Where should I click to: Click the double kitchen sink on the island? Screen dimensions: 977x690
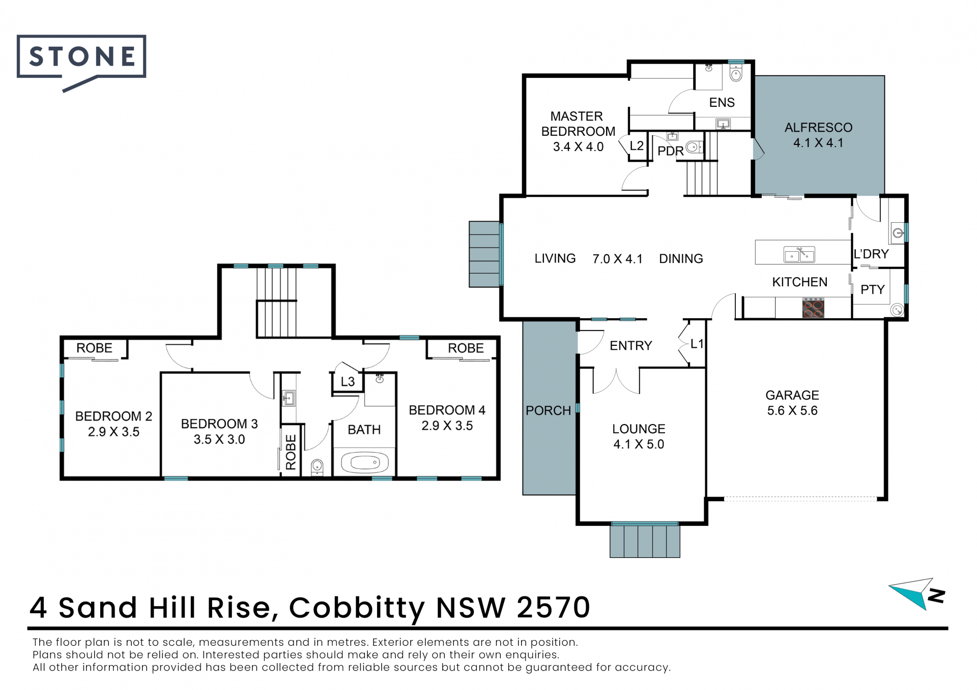click(x=799, y=254)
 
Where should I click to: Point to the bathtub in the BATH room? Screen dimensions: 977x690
click(x=365, y=463)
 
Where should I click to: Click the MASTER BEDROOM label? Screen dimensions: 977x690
click(x=578, y=124)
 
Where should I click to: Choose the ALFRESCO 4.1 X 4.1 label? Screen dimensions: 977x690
click(x=818, y=135)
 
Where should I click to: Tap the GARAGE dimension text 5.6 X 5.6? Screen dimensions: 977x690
click(x=792, y=411)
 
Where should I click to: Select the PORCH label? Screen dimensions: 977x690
click(x=548, y=410)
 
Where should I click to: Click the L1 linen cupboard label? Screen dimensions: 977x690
click(x=697, y=344)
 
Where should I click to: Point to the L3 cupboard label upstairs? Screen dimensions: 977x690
click(x=348, y=382)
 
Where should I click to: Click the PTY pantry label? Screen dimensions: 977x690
click(x=872, y=290)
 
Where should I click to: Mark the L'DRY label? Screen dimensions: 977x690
click(x=871, y=254)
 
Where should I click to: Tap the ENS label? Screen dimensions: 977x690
click(x=722, y=103)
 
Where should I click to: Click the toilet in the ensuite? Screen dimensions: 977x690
click(x=736, y=73)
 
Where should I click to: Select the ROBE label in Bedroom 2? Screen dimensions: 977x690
click(x=94, y=348)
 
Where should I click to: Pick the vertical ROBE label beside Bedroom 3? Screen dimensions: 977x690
click(x=291, y=452)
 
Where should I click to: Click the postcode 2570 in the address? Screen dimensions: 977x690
click(x=553, y=607)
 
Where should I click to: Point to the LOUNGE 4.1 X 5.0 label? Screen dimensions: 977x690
click(x=639, y=436)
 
